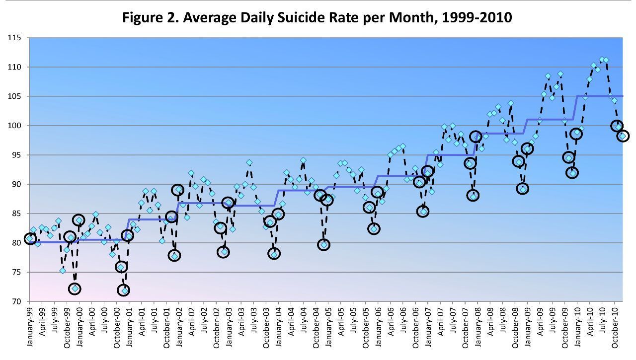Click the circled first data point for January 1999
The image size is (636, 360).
coord(30,239)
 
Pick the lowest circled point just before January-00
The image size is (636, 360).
coord(75,288)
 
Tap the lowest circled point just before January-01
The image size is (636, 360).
coord(124,290)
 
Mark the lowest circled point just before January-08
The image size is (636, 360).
coord(473,196)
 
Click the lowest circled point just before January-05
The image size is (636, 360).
coord(323,244)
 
